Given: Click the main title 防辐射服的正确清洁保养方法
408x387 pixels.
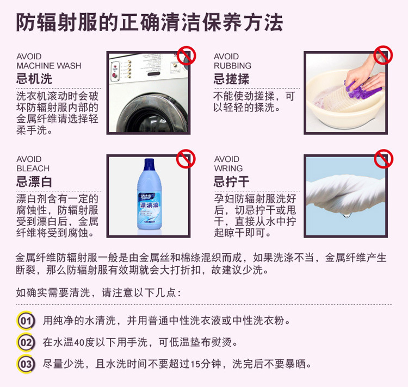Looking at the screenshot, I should (x=150, y=23).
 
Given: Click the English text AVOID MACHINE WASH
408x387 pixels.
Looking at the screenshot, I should (x=48, y=61).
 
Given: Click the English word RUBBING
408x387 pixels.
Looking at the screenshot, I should (x=232, y=66).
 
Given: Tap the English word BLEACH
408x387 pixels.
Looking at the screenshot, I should (x=33, y=168).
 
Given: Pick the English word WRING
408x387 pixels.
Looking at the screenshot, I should (x=228, y=168).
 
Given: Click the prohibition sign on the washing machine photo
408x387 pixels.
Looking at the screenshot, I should (x=186, y=55).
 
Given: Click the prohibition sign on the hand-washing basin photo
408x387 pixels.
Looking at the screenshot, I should (x=383, y=55).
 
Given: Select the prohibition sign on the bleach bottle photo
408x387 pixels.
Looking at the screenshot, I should (x=186, y=158).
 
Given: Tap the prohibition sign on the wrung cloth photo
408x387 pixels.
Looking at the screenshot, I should (x=383, y=158).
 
